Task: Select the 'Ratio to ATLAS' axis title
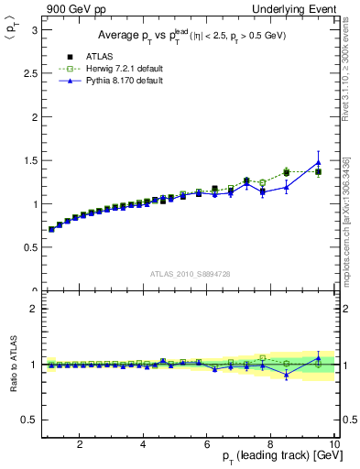point(12,366)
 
